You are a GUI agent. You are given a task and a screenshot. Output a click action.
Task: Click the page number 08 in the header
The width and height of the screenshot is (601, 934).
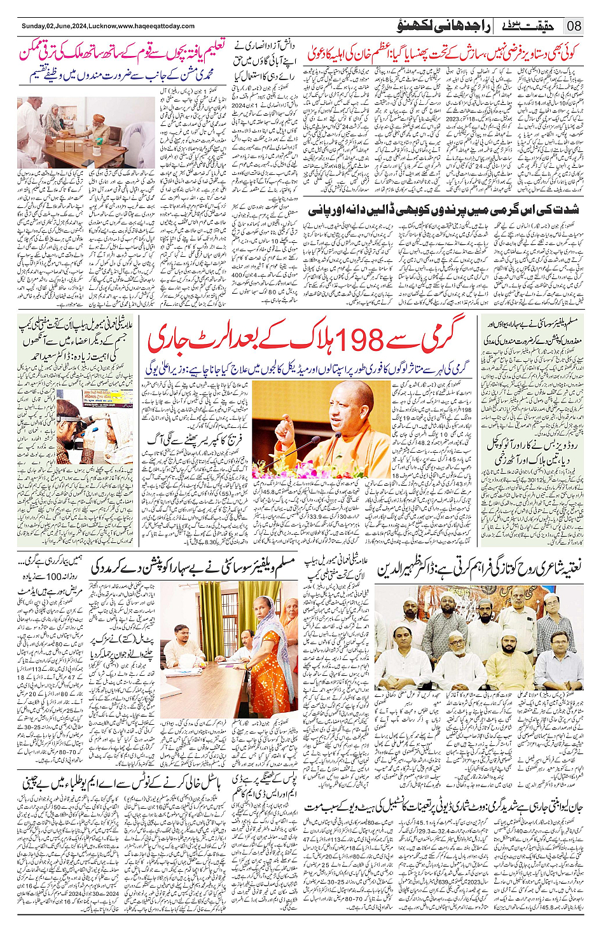(x=574, y=26)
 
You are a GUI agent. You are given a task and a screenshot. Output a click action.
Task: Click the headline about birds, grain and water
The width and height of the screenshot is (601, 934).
(x=443, y=210)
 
